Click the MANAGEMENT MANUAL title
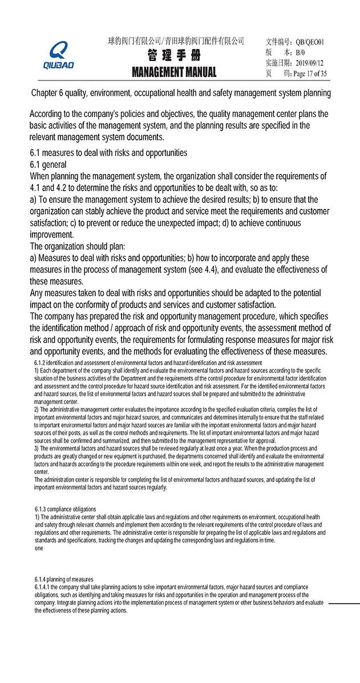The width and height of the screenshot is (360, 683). click(x=174, y=72)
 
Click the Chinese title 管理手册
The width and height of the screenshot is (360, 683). click(x=173, y=56)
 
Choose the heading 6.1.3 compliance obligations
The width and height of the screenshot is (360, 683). click(x=66, y=509)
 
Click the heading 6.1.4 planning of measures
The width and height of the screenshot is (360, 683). click(x=64, y=579)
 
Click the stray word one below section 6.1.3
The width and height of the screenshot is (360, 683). click(x=39, y=548)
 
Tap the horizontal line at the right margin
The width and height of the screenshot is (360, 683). click(x=344, y=603)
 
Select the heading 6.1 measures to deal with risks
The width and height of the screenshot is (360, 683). click(x=108, y=153)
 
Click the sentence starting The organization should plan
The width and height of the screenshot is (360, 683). click(x=77, y=246)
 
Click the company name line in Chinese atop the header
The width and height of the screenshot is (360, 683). click(x=176, y=41)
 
